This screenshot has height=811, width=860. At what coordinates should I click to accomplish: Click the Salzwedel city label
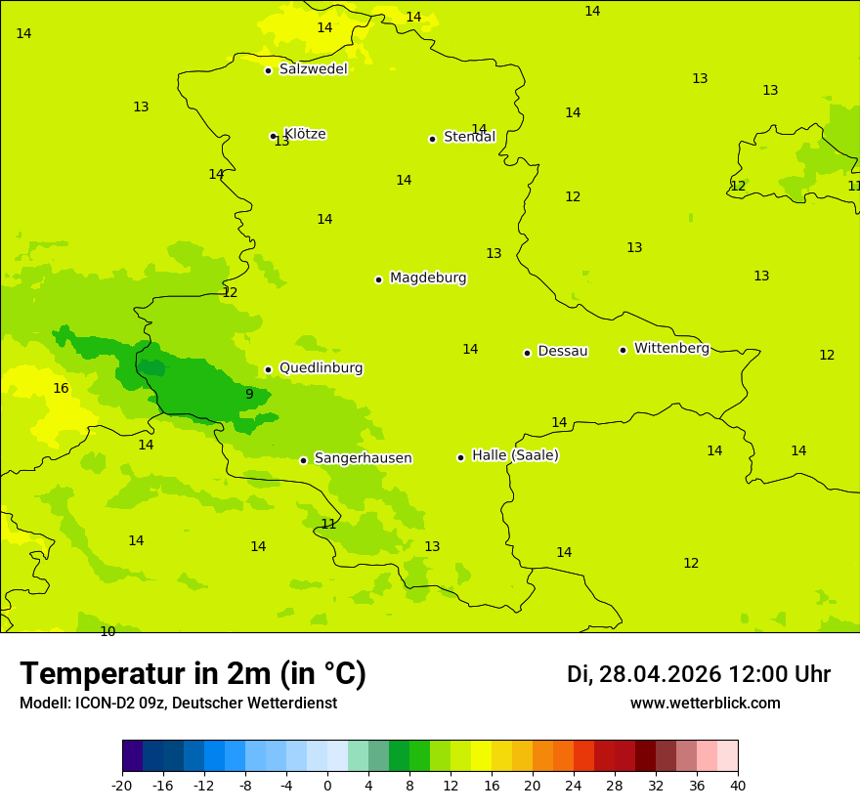(313, 69)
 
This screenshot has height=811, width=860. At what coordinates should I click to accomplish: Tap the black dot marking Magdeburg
(378, 279)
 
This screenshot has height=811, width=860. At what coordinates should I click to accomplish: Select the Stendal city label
(469, 137)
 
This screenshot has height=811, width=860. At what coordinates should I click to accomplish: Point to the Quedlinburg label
(321, 368)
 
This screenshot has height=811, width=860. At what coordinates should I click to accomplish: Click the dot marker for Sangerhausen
(303, 460)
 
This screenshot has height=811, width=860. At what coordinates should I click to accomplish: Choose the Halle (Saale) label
(515, 455)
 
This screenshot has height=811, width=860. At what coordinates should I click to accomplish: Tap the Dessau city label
(563, 351)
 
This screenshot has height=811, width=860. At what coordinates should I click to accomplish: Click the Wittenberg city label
(671, 348)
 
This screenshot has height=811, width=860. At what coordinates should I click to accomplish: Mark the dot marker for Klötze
(273, 136)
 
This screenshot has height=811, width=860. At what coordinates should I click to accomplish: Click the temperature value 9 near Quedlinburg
(249, 394)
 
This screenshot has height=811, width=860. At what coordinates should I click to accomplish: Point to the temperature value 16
(61, 388)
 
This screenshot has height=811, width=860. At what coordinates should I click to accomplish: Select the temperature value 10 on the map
(107, 631)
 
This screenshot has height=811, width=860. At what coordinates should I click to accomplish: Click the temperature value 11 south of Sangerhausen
(328, 524)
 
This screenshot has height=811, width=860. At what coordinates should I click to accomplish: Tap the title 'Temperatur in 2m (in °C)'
(193, 673)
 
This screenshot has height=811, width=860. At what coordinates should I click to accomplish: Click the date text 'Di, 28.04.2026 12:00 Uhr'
(698, 674)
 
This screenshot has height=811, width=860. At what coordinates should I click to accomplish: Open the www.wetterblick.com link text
(705, 703)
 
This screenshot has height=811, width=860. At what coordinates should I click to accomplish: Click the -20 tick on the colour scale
(122, 785)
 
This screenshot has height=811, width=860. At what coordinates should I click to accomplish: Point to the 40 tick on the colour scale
(738, 785)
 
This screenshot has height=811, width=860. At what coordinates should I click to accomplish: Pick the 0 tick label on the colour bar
(327, 785)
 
